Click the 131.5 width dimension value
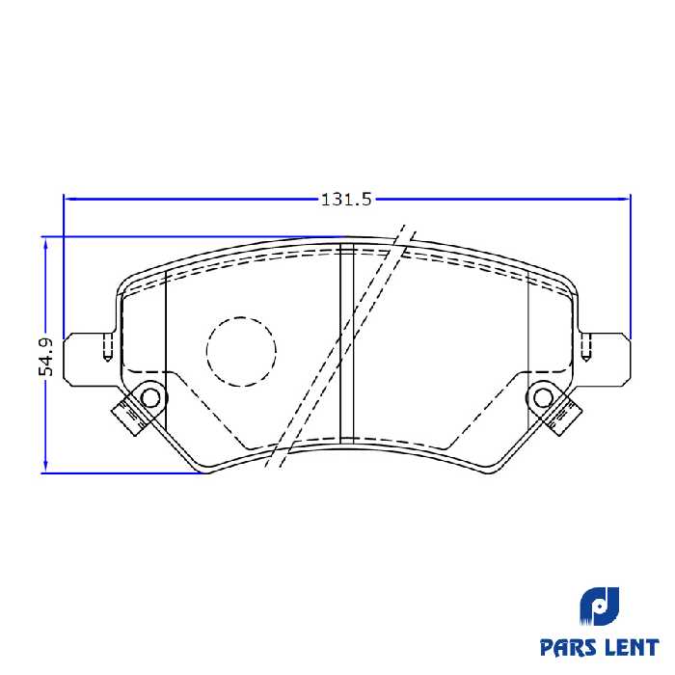pyautogui.click(x=346, y=200)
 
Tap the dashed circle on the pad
pyautogui.click(x=242, y=350)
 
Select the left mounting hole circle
pyautogui.click(x=149, y=396)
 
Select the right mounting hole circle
pyautogui.click(x=543, y=397)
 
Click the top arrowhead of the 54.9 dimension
pyautogui.click(x=45, y=241)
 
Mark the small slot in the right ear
pyautogui.click(x=585, y=346)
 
